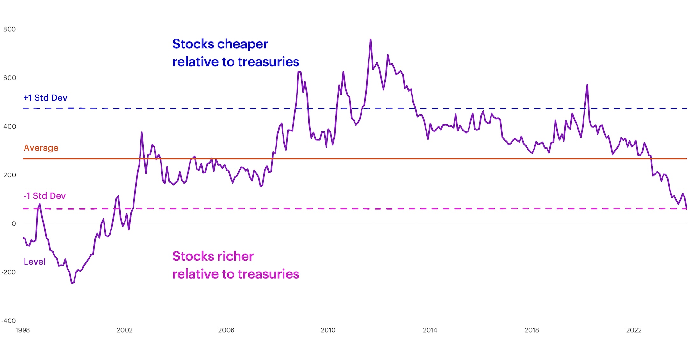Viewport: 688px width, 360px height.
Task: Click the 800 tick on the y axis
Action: click(9, 29)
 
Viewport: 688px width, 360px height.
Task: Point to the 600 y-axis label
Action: click(9, 78)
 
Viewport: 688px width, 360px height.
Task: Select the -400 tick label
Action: click(8, 321)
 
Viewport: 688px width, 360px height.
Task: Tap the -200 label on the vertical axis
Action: click(8, 272)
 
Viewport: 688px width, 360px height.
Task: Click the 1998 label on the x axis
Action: click(22, 330)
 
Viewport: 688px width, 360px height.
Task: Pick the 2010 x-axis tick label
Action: click(328, 330)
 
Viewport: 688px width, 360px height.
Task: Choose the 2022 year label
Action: click(634, 330)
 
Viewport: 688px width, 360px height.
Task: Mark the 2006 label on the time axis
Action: click(226, 330)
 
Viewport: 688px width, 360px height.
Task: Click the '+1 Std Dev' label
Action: click(45, 98)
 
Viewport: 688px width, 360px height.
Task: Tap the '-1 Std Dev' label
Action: click(45, 196)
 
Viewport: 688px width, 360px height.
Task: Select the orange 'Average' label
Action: click(41, 148)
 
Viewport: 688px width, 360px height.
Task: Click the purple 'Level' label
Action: click(34, 262)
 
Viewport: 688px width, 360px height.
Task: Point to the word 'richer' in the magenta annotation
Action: click(233, 257)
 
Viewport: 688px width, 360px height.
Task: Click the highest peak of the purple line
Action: click(371, 39)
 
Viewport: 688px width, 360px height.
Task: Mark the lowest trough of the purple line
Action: click(72, 283)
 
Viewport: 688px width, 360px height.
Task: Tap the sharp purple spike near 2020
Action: click(587, 85)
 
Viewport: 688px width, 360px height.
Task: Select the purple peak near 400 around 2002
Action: click(142, 132)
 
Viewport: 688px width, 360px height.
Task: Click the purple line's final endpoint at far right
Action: click(686, 208)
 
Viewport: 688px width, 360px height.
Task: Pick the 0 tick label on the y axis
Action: click(14, 224)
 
